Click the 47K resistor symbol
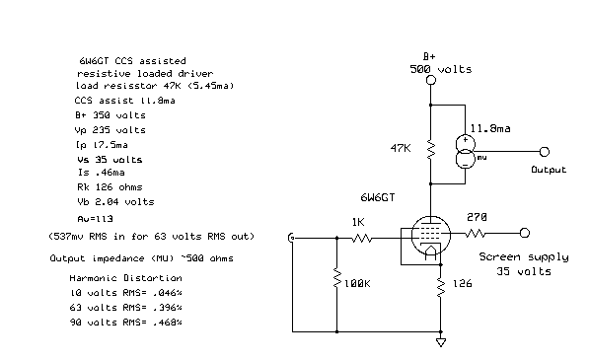[430, 149]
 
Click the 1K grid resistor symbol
[362, 237]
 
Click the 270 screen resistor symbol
[480, 234]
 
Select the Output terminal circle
[544, 152]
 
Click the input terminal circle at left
[292, 238]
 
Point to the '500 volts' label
[440, 69]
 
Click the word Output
[549, 170]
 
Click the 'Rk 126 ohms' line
[110, 186]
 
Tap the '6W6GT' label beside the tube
[378, 197]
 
